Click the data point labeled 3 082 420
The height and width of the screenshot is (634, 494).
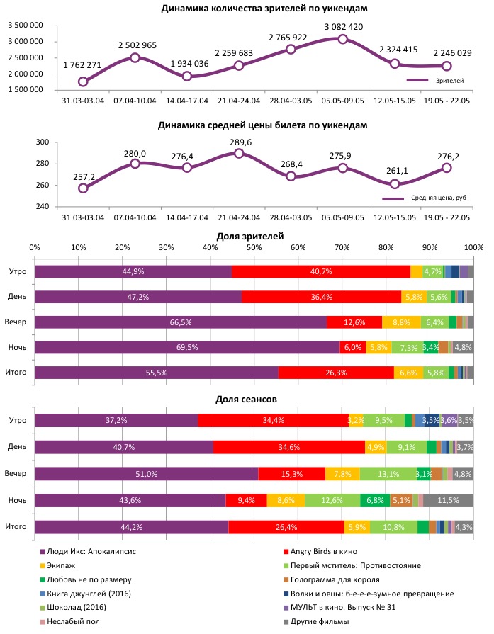[x=343, y=39]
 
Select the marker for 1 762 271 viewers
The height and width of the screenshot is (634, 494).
[x=83, y=81]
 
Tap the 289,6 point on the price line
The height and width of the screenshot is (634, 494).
[x=239, y=153]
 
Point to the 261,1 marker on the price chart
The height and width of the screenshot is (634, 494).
[x=395, y=184]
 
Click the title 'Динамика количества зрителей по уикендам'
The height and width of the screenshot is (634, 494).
[x=245, y=9]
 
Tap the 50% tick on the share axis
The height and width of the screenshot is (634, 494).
[x=254, y=247]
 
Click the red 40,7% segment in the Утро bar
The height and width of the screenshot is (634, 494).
[x=321, y=271]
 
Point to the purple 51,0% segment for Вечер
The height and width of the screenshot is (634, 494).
[x=146, y=473]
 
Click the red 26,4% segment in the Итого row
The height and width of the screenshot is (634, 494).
[x=286, y=527]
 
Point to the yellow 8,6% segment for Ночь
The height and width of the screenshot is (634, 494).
[x=286, y=500]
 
